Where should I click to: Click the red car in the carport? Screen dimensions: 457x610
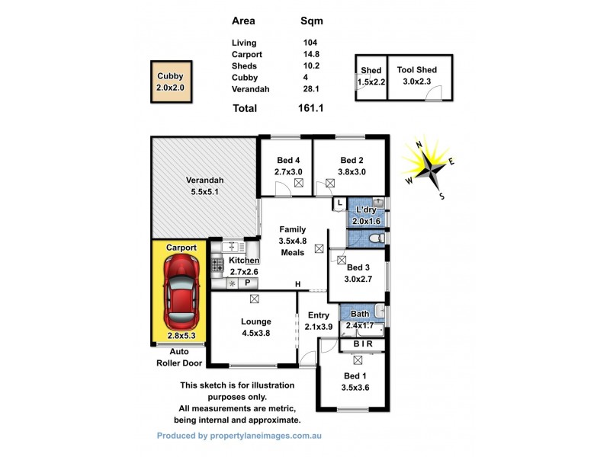tap(181, 289)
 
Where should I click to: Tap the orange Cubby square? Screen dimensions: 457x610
tap(170, 81)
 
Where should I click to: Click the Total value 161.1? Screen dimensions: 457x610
tap(310, 108)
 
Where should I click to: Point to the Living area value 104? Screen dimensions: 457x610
tap(309, 43)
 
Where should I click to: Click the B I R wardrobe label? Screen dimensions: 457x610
tap(362, 344)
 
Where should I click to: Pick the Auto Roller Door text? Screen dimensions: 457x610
tap(178, 358)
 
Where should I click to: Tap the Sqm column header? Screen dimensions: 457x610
tap(313, 21)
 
